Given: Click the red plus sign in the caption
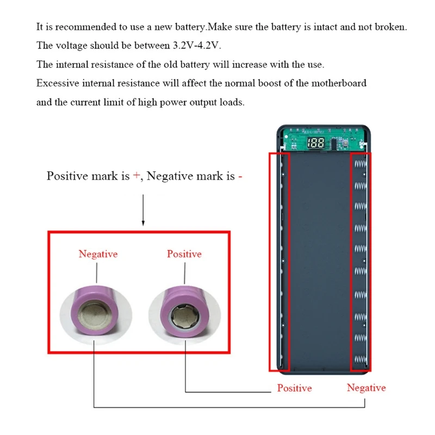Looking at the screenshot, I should point(136,176).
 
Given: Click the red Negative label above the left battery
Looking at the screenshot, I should point(98,254).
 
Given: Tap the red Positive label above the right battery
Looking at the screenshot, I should point(184,254).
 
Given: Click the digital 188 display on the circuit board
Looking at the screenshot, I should point(316,144).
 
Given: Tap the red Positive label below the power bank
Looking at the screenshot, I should point(294,388).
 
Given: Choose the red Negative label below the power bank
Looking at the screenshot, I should point(366,388).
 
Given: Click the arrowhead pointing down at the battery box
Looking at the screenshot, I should point(143,223).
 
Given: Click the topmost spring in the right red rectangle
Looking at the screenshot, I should point(361,164).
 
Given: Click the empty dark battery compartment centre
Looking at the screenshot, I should point(321,261).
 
